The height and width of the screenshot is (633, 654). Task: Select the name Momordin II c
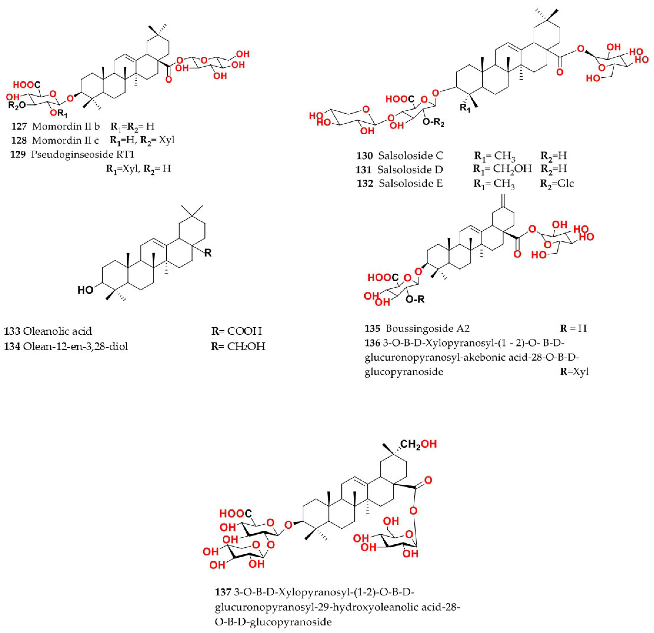click(x=65, y=140)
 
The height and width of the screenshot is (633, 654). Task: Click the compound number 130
click(x=364, y=156)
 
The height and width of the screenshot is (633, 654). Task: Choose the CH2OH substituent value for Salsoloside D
click(x=512, y=169)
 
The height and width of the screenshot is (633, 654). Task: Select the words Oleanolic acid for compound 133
click(x=57, y=331)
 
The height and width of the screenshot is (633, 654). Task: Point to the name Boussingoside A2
click(x=427, y=329)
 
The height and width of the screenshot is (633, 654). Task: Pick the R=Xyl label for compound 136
click(x=574, y=371)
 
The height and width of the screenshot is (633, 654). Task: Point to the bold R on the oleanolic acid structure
click(x=208, y=253)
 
